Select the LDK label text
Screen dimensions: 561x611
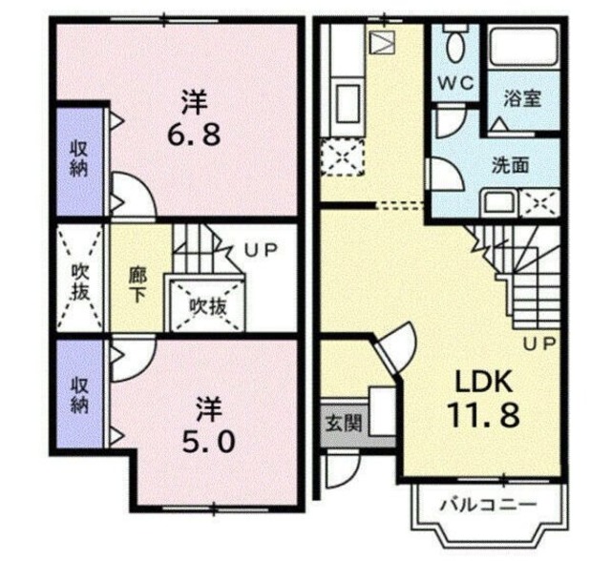pos(484,382)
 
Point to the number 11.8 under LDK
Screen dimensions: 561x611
pos(484,416)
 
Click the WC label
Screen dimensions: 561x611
pos(455,83)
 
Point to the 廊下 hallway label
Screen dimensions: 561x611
pos(137,283)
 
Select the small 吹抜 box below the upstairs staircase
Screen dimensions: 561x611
pos(206,306)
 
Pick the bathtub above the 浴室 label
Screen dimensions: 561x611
pos(523,48)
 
